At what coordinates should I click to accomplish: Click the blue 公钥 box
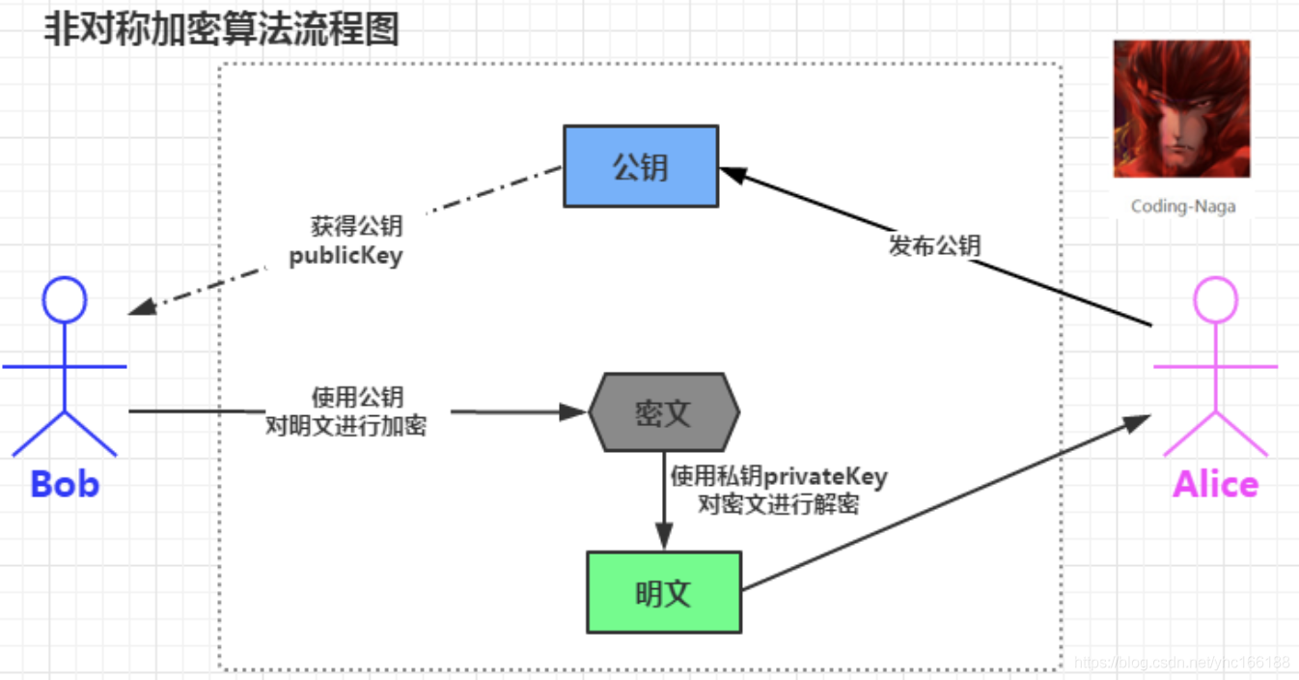pyautogui.click(x=641, y=166)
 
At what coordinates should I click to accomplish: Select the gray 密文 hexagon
pyautogui.click(x=664, y=412)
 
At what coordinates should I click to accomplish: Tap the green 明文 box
pyautogui.click(x=664, y=592)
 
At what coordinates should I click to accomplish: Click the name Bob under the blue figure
pyautogui.click(x=65, y=483)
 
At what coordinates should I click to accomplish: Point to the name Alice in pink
pyautogui.click(x=1215, y=483)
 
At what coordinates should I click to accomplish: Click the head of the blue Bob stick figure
pyautogui.click(x=65, y=299)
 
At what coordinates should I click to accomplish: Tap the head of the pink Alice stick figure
pyautogui.click(x=1215, y=299)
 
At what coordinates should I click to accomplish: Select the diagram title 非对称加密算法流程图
pyautogui.click(x=222, y=30)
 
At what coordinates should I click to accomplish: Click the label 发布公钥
pyautogui.click(x=934, y=245)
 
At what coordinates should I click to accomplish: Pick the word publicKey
pyautogui.click(x=345, y=258)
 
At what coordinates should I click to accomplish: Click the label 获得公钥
pyautogui.click(x=356, y=228)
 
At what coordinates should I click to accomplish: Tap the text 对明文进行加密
pyautogui.click(x=345, y=426)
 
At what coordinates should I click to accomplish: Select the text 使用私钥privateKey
pyautogui.click(x=779, y=476)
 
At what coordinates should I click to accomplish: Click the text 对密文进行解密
pyautogui.click(x=779, y=504)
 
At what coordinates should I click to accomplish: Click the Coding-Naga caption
pyautogui.click(x=1182, y=206)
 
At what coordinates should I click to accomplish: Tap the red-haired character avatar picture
pyautogui.click(x=1181, y=108)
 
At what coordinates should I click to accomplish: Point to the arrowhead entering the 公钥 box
pyautogui.click(x=733, y=174)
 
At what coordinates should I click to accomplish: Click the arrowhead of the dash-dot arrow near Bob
pyautogui.click(x=141, y=307)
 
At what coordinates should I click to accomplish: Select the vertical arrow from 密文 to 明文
pyautogui.click(x=664, y=502)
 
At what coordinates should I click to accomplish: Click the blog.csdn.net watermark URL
pyautogui.click(x=1181, y=663)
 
